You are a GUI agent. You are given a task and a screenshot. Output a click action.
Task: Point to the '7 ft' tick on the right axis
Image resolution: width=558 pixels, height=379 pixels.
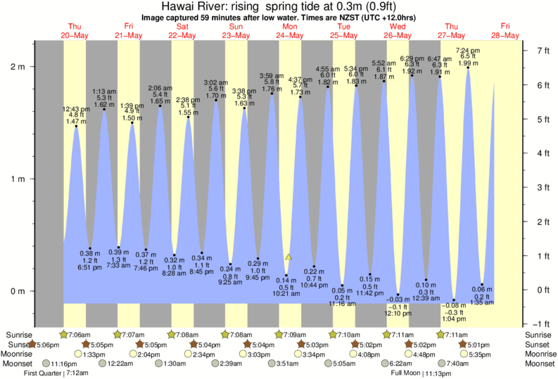(x=543, y=51)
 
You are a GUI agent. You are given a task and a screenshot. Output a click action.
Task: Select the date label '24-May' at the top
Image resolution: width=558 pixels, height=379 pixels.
(x=289, y=35)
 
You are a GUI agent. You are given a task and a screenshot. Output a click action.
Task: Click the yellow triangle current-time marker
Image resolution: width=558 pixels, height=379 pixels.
(x=288, y=257)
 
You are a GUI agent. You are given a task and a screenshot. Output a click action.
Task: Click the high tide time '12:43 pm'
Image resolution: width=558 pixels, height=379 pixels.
(x=75, y=109)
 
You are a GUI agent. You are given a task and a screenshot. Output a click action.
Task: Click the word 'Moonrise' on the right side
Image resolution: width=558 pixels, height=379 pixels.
(x=538, y=354)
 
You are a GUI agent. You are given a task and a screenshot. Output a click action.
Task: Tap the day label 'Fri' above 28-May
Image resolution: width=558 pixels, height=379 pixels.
(x=506, y=27)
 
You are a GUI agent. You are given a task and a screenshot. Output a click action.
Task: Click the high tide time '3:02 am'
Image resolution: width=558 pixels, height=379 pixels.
(x=216, y=82)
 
